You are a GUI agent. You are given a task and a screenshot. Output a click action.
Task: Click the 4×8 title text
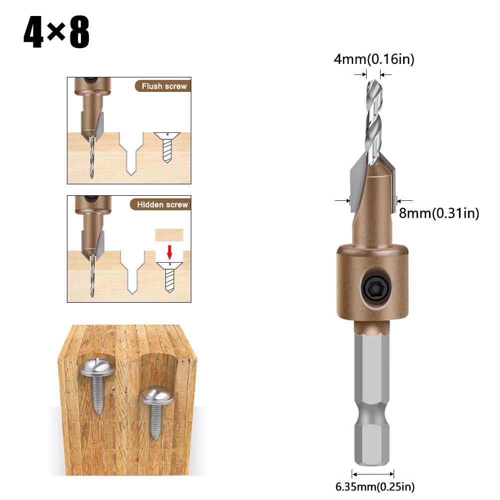56,33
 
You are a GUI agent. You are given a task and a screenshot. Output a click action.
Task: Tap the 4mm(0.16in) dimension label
374,60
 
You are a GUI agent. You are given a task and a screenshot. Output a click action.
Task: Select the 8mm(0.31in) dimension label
439,213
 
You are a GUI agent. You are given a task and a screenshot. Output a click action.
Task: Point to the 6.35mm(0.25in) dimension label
375,486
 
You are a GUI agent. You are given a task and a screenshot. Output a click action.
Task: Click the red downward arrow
170,251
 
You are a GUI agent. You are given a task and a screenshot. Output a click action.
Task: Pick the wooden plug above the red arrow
170,235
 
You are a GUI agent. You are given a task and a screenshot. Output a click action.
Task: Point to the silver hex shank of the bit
374,395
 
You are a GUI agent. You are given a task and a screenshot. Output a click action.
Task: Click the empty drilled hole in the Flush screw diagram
130,152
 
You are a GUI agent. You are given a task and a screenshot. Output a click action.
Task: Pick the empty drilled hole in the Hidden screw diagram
132,272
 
